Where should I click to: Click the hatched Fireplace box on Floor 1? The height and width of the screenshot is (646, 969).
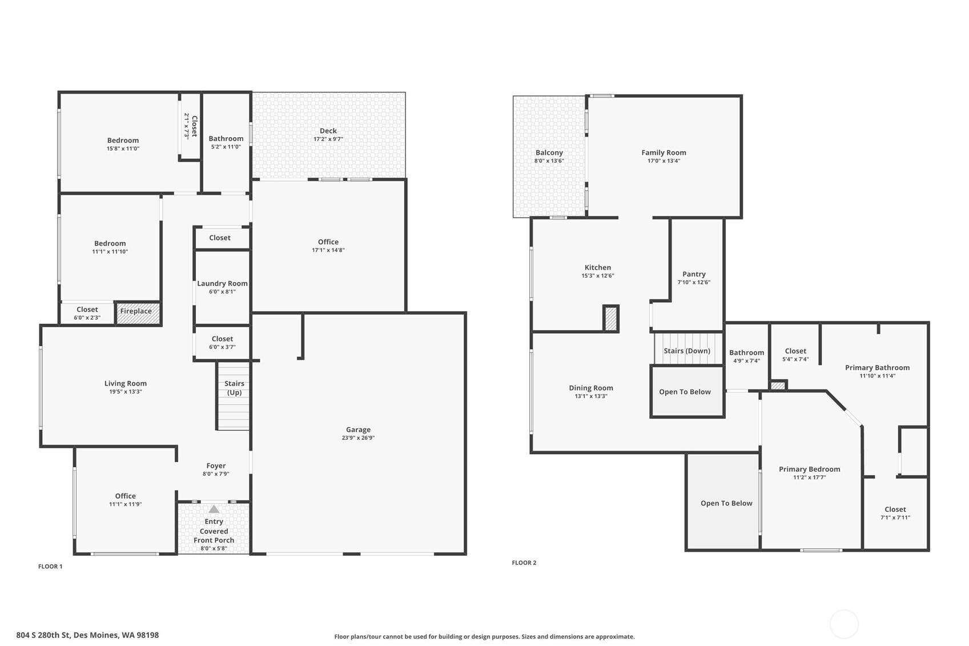[x=138, y=313]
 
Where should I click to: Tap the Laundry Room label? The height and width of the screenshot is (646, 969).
[x=222, y=283]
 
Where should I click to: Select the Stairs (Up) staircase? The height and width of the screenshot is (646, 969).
[x=233, y=396]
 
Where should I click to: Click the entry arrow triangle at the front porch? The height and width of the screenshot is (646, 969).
[x=214, y=509]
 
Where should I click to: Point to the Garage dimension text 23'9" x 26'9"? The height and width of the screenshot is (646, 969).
[x=358, y=438]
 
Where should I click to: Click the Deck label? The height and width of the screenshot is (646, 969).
[x=328, y=131]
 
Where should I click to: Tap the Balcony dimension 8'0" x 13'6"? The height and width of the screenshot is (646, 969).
[x=549, y=161]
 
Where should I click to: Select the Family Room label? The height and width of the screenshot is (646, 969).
[x=664, y=153]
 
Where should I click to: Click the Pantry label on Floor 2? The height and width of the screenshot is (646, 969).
[x=694, y=274]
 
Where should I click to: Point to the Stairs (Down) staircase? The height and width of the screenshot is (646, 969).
[x=688, y=348]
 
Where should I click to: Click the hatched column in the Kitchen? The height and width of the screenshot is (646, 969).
[x=611, y=319]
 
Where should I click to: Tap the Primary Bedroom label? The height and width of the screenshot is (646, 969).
[x=809, y=469]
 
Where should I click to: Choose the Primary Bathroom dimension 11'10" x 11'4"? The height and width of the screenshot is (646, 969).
[x=877, y=376]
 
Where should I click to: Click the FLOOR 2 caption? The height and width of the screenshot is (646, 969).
[x=524, y=563]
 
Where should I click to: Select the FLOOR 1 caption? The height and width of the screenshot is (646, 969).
[x=50, y=567]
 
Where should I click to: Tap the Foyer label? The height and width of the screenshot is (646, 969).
[x=216, y=466]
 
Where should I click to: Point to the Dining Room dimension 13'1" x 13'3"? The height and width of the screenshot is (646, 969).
[x=591, y=396]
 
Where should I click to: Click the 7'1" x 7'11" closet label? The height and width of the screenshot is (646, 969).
[x=895, y=517]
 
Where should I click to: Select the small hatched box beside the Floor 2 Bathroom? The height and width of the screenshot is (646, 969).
[x=778, y=385]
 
